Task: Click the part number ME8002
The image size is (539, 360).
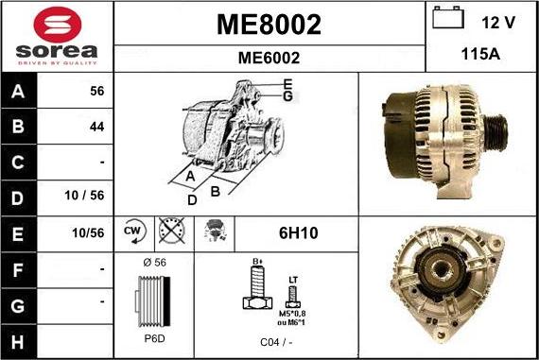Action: pyautogui.click(x=269, y=24)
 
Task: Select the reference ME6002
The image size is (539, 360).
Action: pyautogui.click(x=269, y=57)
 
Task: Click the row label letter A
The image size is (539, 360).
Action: pyautogui.click(x=19, y=92)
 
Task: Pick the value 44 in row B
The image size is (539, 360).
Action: pyautogui.click(x=96, y=126)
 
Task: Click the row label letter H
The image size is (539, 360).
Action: pyautogui.click(x=19, y=337)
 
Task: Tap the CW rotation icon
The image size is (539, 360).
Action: pyautogui.click(x=132, y=231)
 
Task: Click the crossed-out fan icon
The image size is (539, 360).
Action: pyautogui.click(x=172, y=231)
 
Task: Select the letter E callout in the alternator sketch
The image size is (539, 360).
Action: pyautogui.click(x=287, y=85)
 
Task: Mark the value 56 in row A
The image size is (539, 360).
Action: pyautogui.click(x=96, y=92)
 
